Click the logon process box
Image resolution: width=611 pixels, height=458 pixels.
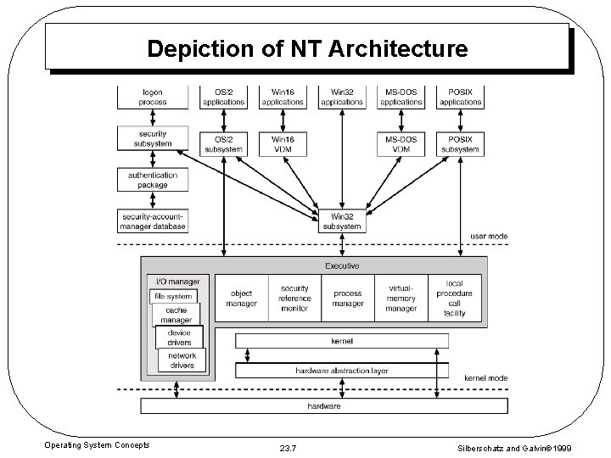coord(154,98)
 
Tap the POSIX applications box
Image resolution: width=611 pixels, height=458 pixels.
coord(461,98)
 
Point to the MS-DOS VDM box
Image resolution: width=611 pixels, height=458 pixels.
coord(401,144)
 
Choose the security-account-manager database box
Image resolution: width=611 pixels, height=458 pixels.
coord(154,221)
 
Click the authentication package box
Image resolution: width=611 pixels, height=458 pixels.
coord(154,180)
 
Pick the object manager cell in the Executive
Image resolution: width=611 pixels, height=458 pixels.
coord(242,299)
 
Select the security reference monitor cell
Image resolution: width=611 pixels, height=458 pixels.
coord(294,299)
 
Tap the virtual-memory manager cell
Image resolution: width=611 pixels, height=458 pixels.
coord(401,299)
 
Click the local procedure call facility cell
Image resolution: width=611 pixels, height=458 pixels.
coord(455,299)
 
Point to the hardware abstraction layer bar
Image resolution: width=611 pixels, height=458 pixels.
coord(342,371)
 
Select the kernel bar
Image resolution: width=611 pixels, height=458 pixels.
coord(342,341)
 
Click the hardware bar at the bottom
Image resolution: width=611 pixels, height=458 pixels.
coord(324,406)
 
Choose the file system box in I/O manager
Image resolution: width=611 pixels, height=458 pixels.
coord(173,297)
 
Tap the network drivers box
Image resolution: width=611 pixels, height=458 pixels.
coord(182,360)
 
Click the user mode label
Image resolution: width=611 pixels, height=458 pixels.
coord(489,236)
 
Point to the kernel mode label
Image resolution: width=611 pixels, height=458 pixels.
coord(486,377)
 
